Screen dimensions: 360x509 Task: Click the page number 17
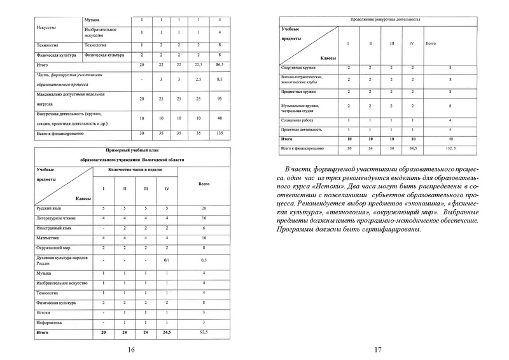(x=378, y=349)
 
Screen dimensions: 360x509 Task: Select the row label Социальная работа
(x=298, y=120)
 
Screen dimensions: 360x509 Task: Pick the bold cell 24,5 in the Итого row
(x=167, y=332)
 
